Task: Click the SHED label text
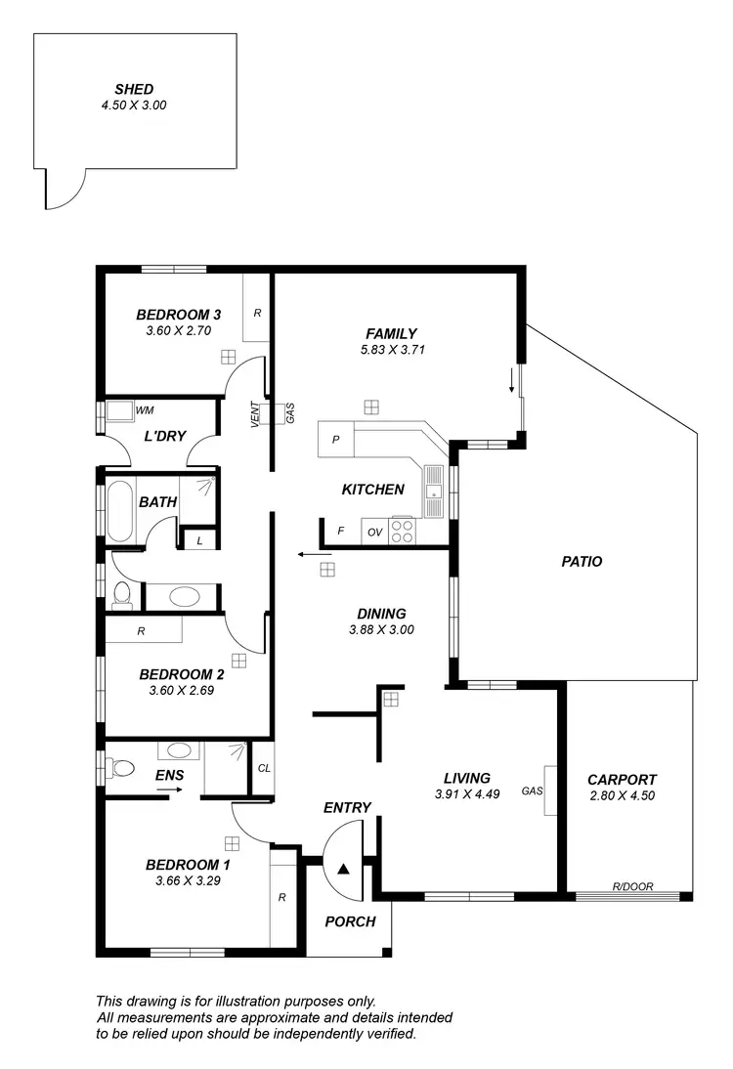[134, 90]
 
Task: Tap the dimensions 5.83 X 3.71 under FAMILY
[392, 349]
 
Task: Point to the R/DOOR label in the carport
[632, 887]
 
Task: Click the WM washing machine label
[145, 410]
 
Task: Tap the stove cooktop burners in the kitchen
[402, 531]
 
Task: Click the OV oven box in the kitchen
[374, 532]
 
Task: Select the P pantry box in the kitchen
[335, 441]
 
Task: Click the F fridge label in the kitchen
[340, 532]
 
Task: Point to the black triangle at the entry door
[343, 867]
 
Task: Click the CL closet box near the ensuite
[264, 769]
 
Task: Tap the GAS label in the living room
[533, 791]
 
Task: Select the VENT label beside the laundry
[255, 415]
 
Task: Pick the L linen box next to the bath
[200, 540]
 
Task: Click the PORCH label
[350, 921]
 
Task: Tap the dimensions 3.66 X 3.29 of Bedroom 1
[188, 880]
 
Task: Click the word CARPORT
[622, 780]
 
